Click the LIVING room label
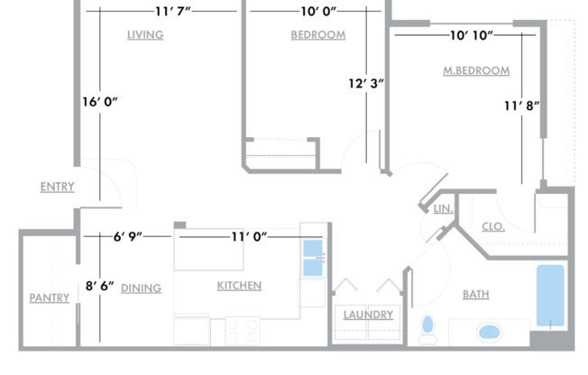click(144, 35)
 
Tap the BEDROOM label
click(317, 35)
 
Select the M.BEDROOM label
click(476, 70)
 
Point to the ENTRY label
click(57, 187)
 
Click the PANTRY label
click(49, 297)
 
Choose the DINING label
click(141, 288)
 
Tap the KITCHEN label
click(239, 286)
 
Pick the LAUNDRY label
click(368, 315)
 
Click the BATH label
click(476, 294)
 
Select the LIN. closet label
click(443, 209)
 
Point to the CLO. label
click(492, 226)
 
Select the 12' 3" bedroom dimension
click(366, 83)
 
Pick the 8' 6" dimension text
click(100, 286)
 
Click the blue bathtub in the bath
click(550, 295)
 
